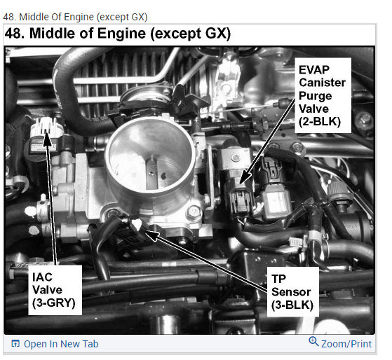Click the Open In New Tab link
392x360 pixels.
pos(61,344)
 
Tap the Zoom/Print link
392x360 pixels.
pos(345,344)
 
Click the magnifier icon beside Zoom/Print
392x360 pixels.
pos(313,342)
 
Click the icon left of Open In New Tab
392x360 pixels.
pos(15,344)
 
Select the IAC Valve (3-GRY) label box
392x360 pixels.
pos(54,289)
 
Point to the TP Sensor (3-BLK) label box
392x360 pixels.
pos(292,291)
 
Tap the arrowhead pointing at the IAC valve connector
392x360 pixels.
pos(48,138)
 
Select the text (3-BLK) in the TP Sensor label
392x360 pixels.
pos(292,305)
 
